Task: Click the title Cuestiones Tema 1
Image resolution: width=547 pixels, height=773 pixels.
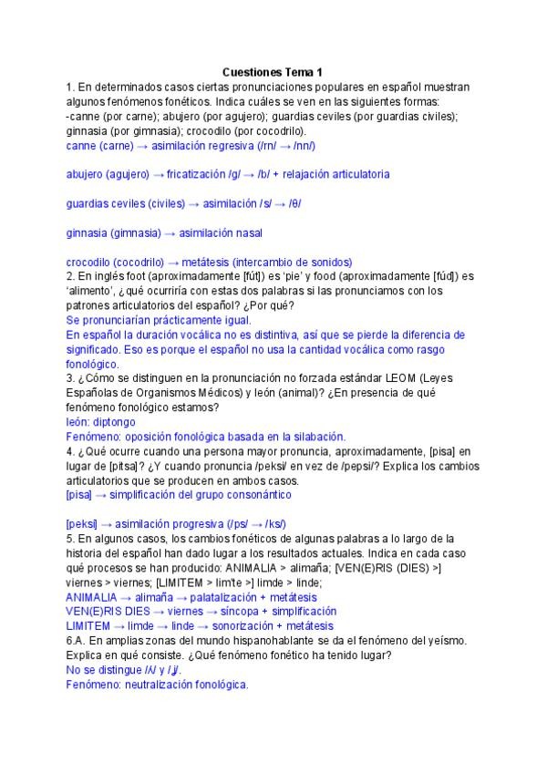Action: [x=273, y=72]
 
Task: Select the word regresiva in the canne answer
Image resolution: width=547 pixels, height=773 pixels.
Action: [x=232, y=146]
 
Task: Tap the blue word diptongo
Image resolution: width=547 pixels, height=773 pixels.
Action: [x=113, y=422]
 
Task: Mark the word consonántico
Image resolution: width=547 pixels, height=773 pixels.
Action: [x=259, y=495]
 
